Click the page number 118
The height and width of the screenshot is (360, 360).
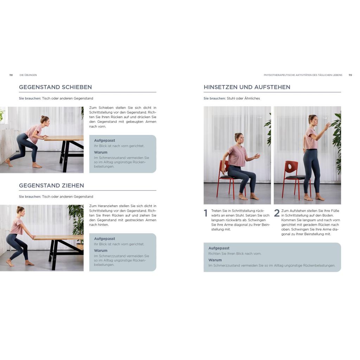(11, 75)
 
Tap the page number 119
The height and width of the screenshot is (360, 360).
(350, 75)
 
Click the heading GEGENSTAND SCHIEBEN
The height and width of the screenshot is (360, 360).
(55, 87)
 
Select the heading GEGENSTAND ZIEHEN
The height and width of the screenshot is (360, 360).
(51, 186)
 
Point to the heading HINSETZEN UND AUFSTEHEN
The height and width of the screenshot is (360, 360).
(247, 87)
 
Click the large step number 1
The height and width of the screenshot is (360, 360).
(206, 213)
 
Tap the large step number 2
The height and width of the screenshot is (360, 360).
(277, 213)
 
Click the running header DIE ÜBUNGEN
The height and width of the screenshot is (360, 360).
(28, 75)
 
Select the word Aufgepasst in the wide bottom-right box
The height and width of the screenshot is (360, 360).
(219, 248)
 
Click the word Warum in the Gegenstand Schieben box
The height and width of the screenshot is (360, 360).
(101, 152)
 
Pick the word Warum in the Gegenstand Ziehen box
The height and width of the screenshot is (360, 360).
(101, 250)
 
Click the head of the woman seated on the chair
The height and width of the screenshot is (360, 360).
(239, 137)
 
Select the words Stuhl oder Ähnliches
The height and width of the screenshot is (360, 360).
(243, 98)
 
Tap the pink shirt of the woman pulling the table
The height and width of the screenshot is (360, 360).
(17, 226)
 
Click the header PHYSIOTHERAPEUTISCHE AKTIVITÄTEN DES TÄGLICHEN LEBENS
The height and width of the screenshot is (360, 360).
(303, 75)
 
